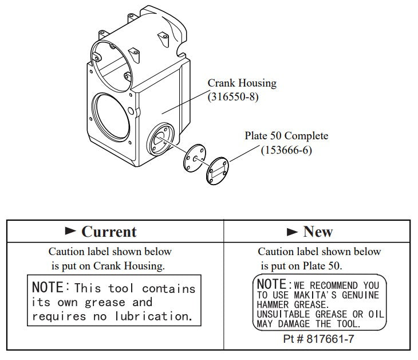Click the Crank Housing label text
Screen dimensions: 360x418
(x=242, y=84)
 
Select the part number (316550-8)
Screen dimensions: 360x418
(x=233, y=97)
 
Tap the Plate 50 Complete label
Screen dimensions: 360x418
(x=286, y=136)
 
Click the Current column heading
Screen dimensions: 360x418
(x=109, y=232)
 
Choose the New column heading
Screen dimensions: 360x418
(x=318, y=232)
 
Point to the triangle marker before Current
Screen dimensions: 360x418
(x=70, y=232)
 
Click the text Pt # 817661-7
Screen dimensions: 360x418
(x=319, y=339)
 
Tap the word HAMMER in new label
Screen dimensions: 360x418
(x=273, y=305)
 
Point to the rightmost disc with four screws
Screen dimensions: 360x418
(x=218, y=170)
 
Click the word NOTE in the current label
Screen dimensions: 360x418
(x=50, y=287)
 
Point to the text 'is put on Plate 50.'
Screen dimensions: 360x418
(x=301, y=266)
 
